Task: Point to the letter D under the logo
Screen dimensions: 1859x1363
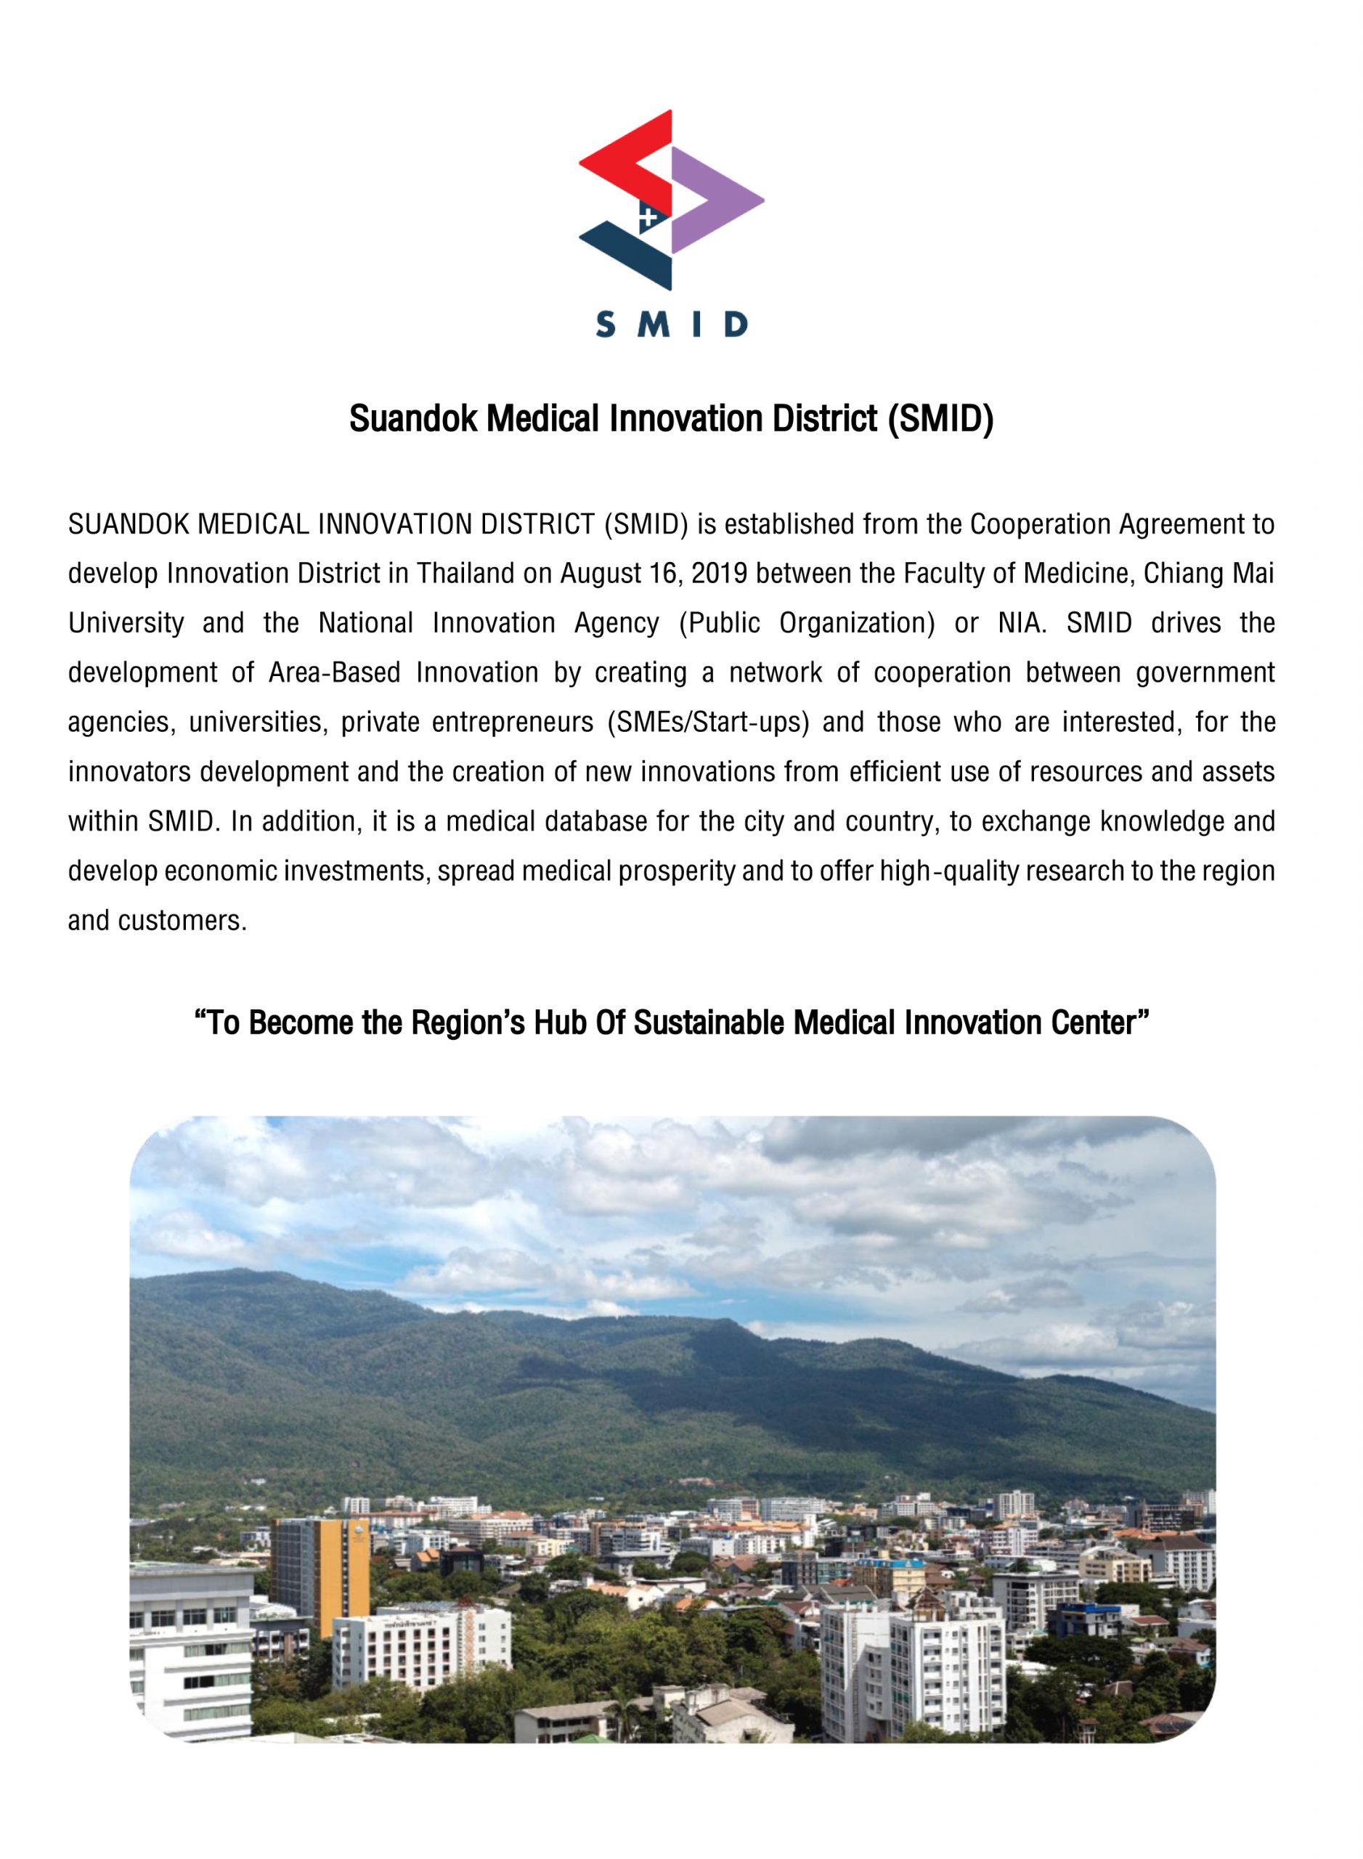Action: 734,325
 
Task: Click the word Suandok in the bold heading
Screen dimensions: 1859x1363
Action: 412,419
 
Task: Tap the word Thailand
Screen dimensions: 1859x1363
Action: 465,574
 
